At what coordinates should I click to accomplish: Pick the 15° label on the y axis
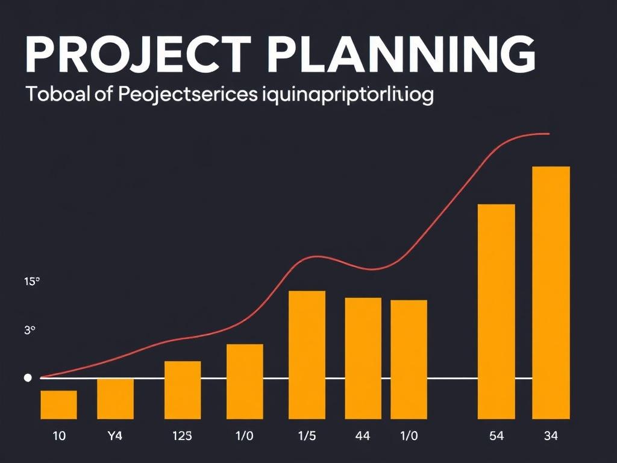(31, 281)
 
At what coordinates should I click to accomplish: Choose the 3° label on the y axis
(30, 330)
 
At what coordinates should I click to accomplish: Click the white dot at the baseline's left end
(27, 378)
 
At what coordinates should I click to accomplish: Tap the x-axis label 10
(59, 436)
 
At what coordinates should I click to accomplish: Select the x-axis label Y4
(114, 436)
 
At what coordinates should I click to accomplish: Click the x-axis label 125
(182, 436)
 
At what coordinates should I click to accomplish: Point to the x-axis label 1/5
(307, 436)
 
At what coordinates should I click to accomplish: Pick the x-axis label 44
(363, 436)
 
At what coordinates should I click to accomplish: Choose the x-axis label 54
(496, 436)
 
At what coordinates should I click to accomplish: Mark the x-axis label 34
(551, 436)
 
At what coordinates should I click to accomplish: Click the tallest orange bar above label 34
(551, 292)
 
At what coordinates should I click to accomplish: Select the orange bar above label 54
(496, 311)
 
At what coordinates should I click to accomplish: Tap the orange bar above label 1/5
(307, 354)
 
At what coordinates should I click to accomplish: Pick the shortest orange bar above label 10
(58, 405)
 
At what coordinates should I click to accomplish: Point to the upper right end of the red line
(547, 133)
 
